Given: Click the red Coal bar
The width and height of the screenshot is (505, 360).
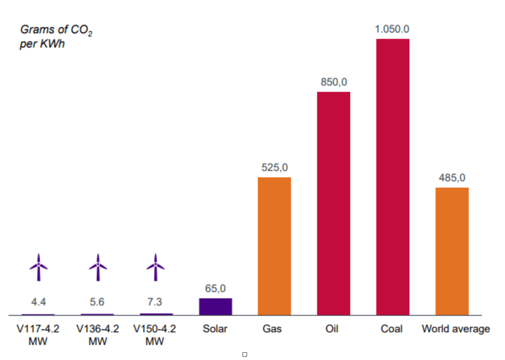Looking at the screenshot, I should pos(392,176).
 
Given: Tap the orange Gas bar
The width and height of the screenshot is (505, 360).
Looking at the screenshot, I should pos(274,246).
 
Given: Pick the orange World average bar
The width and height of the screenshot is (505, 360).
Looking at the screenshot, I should pos(452,251).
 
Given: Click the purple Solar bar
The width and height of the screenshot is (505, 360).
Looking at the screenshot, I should pos(215,306).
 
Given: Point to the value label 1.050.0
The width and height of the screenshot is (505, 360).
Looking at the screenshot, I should pos(392,29).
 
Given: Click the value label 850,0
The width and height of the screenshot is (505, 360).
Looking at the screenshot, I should pos(334,82).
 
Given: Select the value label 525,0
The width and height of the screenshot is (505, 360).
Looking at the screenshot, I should pos(275,168).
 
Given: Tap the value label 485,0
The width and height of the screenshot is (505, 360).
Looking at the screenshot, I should pos(452,178).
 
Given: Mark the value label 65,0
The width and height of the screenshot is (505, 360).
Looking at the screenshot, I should pos(215,288).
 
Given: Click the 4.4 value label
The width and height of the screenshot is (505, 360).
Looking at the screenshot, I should pos(39,302).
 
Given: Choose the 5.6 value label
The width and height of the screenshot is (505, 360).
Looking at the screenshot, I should pos(97,302).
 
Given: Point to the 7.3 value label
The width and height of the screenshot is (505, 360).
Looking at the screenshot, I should pos(155,302).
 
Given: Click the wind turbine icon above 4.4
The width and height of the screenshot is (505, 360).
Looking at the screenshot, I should pos(39,267).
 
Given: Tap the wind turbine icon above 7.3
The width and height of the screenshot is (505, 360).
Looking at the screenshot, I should pos(155,267).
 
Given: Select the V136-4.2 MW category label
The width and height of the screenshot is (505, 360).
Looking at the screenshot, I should pos(98,335).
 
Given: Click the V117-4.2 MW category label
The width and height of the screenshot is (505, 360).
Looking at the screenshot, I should pos(38,335).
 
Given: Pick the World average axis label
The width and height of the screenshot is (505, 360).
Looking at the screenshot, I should pos(455,329).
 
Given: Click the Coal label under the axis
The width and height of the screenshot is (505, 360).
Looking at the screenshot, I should pos(392,329).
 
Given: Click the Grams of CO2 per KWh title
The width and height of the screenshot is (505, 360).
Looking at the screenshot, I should pos(55,36).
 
